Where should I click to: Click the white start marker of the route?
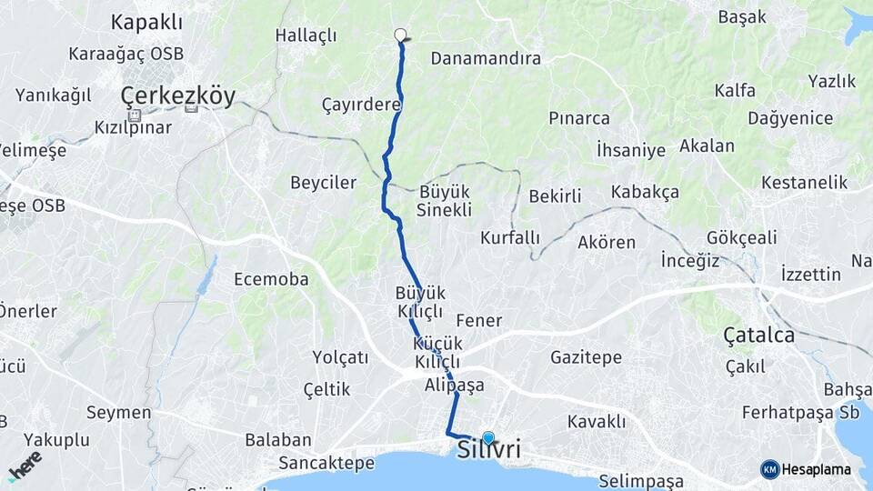pyautogui.click(x=400, y=35)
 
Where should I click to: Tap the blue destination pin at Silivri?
pyautogui.click(x=488, y=438)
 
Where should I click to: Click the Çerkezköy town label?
pyautogui.click(x=178, y=95)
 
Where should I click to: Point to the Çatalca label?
pyautogui.click(x=758, y=336)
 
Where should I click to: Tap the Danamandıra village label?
pyautogui.click(x=486, y=58)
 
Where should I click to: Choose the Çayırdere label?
pyautogui.click(x=361, y=105)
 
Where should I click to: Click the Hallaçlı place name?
pyautogui.click(x=306, y=35)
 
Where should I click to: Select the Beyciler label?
pyautogui.click(x=323, y=182)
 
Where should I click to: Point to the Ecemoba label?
pyautogui.click(x=271, y=279)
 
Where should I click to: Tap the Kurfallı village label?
pyautogui.click(x=510, y=237)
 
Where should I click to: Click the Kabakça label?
pyautogui.click(x=645, y=192)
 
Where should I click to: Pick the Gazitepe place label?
pyautogui.click(x=586, y=357)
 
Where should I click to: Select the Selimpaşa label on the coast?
pyautogui.click(x=641, y=480)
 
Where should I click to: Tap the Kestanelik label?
pyautogui.click(x=804, y=182)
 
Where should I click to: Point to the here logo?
pyautogui.click(x=25, y=466)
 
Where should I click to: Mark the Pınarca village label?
pyautogui.click(x=579, y=118)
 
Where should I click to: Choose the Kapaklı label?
pyautogui.click(x=146, y=22)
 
